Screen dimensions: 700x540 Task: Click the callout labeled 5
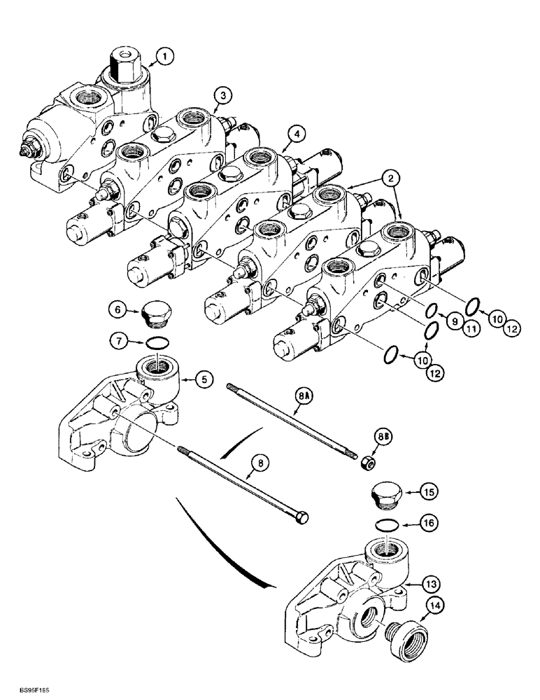tap(204, 380)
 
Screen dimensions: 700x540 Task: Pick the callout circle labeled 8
tap(260, 463)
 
